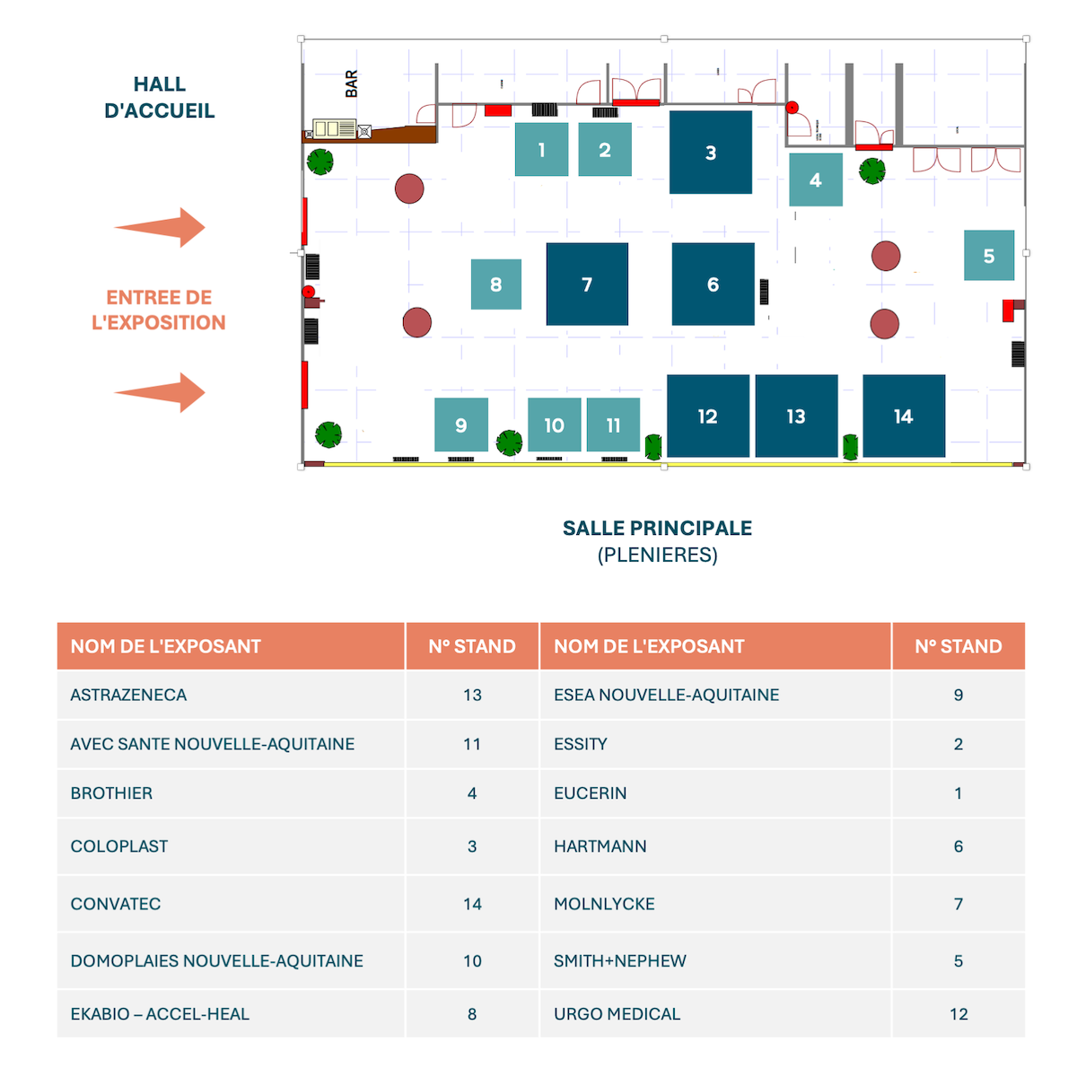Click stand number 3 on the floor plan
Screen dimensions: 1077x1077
tap(711, 152)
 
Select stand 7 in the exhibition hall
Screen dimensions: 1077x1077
tap(587, 284)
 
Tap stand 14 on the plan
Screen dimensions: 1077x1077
tap(904, 416)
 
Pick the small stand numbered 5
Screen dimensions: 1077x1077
tap(989, 256)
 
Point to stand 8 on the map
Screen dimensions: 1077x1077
tap(496, 285)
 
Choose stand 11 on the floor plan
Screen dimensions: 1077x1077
tap(613, 425)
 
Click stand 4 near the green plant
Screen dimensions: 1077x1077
tap(816, 179)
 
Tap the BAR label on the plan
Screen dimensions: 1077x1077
tap(352, 83)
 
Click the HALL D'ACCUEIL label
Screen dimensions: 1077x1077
tap(160, 97)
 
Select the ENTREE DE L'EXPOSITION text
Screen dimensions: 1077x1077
tap(159, 310)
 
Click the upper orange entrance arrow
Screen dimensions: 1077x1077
tap(162, 227)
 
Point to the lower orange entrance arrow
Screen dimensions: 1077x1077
tap(162, 392)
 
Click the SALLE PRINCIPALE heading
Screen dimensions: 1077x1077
tap(657, 528)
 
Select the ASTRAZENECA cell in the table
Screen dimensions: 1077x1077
tap(129, 695)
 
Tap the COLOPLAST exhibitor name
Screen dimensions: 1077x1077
tap(119, 846)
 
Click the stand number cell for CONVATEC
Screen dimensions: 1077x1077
tap(472, 904)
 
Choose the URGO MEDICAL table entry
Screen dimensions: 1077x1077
tap(617, 1014)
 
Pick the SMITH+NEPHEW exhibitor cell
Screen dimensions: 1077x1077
tap(620, 960)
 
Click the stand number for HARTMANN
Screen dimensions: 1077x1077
tap(959, 846)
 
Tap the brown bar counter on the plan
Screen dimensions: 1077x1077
tap(399, 135)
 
